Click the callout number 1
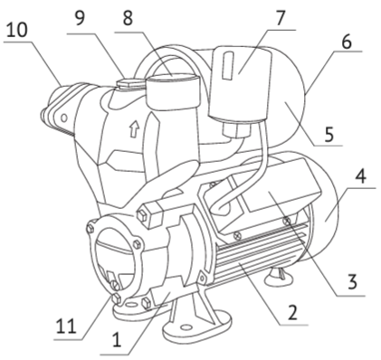pyautogui.click(x=116, y=340)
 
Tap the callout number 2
pyautogui.click(x=292, y=312)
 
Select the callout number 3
pyautogui.click(x=351, y=282)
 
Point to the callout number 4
pyautogui.click(x=360, y=175)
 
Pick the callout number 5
pyautogui.click(x=329, y=134)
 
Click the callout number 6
pyautogui.click(x=347, y=42)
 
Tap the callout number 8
pyautogui.click(x=128, y=18)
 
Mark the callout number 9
pyautogui.click(x=80, y=18)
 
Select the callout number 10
pyautogui.click(x=17, y=30)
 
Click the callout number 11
pyautogui.click(x=66, y=326)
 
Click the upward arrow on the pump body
pyautogui.click(x=134, y=128)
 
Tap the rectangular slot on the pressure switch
pyautogui.click(x=228, y=66)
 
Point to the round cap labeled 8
pyautogui.click(x=173, y=92)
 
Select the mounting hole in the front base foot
pyautogui.click(x=187, y=327)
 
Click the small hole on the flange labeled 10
pyautogui.click(x=64, y=118)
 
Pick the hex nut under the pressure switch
pyautogui.click(x=237, y=130)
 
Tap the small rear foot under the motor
pyautogui.click(x=278, y=276)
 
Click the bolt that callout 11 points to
pyautogui.click(x=117, y=298)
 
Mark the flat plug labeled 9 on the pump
pyautogui.click(x=130, y=82)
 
